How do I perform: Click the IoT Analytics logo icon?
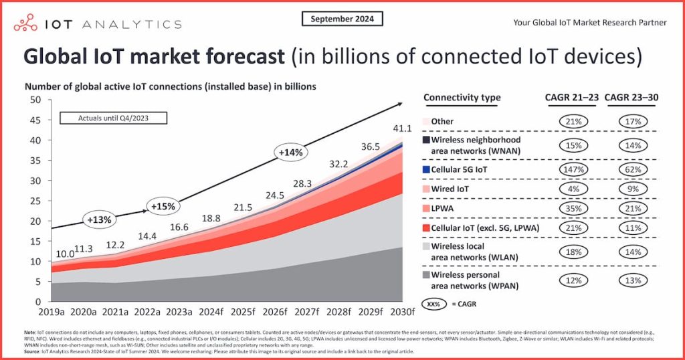pos(26,23)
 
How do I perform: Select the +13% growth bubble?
pos(98,219)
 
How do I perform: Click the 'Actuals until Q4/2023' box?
pos(113,118)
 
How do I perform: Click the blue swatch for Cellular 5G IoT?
pos(426,170)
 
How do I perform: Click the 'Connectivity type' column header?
pos(462,98)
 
